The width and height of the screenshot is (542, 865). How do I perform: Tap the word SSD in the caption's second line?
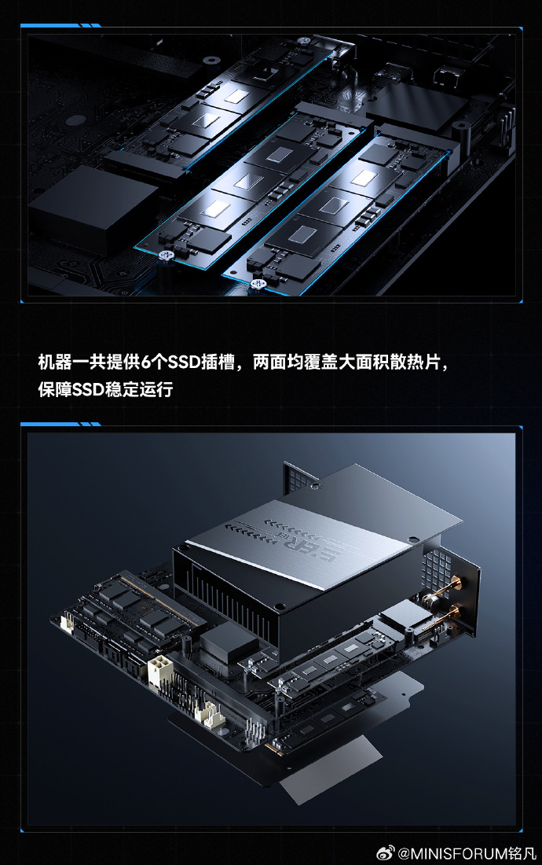(x=88, y=389)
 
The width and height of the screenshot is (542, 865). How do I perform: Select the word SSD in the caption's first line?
(x=184, y=363)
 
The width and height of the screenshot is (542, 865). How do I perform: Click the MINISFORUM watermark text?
(x=460, y=853)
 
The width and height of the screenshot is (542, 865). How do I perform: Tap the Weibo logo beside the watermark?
(x=385, y=853)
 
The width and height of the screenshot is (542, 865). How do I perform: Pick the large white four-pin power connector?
(x=159, y=670)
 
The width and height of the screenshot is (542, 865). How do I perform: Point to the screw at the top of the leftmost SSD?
(x=303, y=42)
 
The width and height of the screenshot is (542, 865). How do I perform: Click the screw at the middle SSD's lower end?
(x=165, y=256)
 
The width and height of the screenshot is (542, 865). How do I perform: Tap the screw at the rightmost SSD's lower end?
(x=256, y=285)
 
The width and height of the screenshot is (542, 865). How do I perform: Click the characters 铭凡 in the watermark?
(x=522, y=853)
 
